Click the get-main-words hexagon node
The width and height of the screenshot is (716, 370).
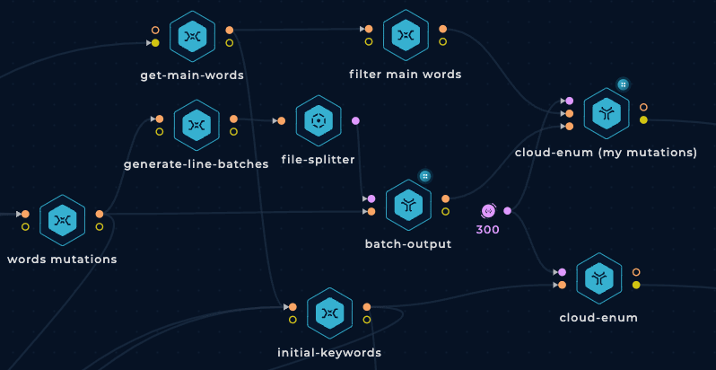192,36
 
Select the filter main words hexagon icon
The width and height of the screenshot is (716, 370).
406,35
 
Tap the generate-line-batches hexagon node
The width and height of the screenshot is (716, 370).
196,125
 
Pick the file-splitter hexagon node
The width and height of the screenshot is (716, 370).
319,120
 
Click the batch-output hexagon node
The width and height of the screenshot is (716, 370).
408,205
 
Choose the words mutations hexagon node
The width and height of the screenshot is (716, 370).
63,220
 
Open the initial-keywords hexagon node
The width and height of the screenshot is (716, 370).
329,313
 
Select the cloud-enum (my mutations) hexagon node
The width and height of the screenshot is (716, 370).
607,114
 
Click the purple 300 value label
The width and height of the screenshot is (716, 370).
488,229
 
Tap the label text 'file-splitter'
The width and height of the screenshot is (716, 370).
318,160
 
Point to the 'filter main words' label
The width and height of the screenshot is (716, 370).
406,74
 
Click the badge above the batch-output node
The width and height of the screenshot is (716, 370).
425,176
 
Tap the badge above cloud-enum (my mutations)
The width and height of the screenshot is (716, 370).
623,84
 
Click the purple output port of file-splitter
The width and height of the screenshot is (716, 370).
355,120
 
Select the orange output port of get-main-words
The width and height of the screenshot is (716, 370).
229,31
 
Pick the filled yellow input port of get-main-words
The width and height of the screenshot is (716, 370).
155,43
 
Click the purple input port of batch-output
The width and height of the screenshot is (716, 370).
371,198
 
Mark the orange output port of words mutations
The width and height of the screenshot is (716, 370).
100,214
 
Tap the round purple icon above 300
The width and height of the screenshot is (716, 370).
488,210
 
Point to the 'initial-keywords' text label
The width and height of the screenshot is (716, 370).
329,353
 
